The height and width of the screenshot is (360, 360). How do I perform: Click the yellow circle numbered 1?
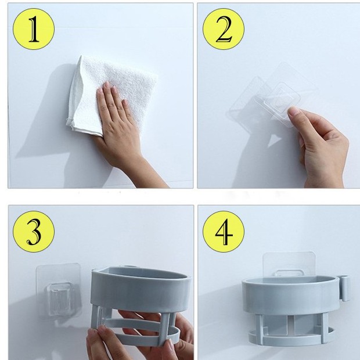coord(34,29)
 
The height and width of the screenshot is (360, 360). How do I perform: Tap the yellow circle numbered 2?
coord(224,29)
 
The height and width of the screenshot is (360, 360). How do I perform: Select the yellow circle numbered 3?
coord(34,232)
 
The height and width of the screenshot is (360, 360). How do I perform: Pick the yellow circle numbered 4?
coord(224,232)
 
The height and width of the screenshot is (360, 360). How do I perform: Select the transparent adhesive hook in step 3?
coord(59,290)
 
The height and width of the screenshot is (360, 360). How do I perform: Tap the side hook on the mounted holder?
coord(345,288)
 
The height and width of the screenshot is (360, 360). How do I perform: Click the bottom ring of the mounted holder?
coord(291,337)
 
